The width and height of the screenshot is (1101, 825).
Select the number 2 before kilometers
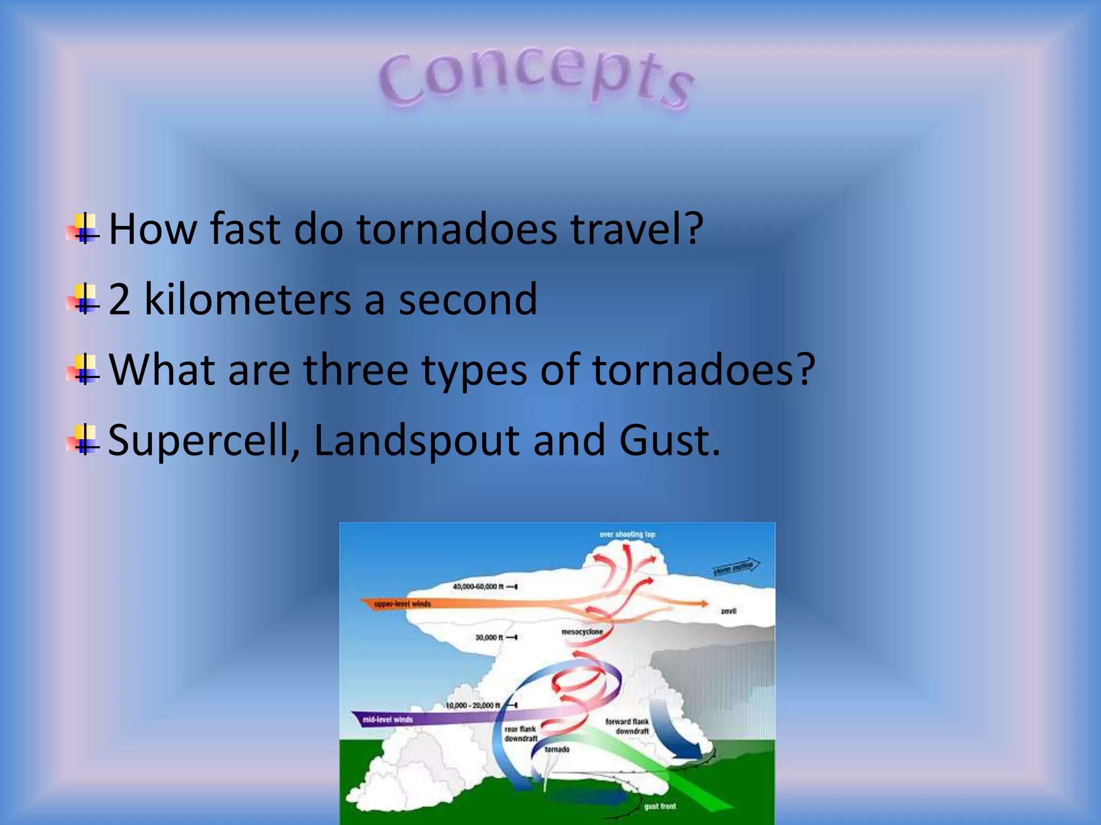tap(119, 299)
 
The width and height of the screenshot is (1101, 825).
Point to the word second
tap(468, 299)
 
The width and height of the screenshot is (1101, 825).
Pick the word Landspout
tap(417, 440)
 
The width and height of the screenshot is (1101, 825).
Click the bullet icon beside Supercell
tap(83, 440)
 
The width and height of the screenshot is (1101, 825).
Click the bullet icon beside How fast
tap(83, 229)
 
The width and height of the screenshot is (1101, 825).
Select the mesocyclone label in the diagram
tap(582, 632)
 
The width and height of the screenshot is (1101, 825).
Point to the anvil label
tap(728, 611)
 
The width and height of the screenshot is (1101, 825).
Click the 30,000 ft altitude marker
tap(490, 638)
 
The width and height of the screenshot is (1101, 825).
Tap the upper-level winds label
tap(402, 604)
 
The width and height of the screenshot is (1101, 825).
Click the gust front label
tap(660, 806)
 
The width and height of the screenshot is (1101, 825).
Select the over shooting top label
tap(627, 534)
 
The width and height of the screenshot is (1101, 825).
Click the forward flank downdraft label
tap(628, 726)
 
